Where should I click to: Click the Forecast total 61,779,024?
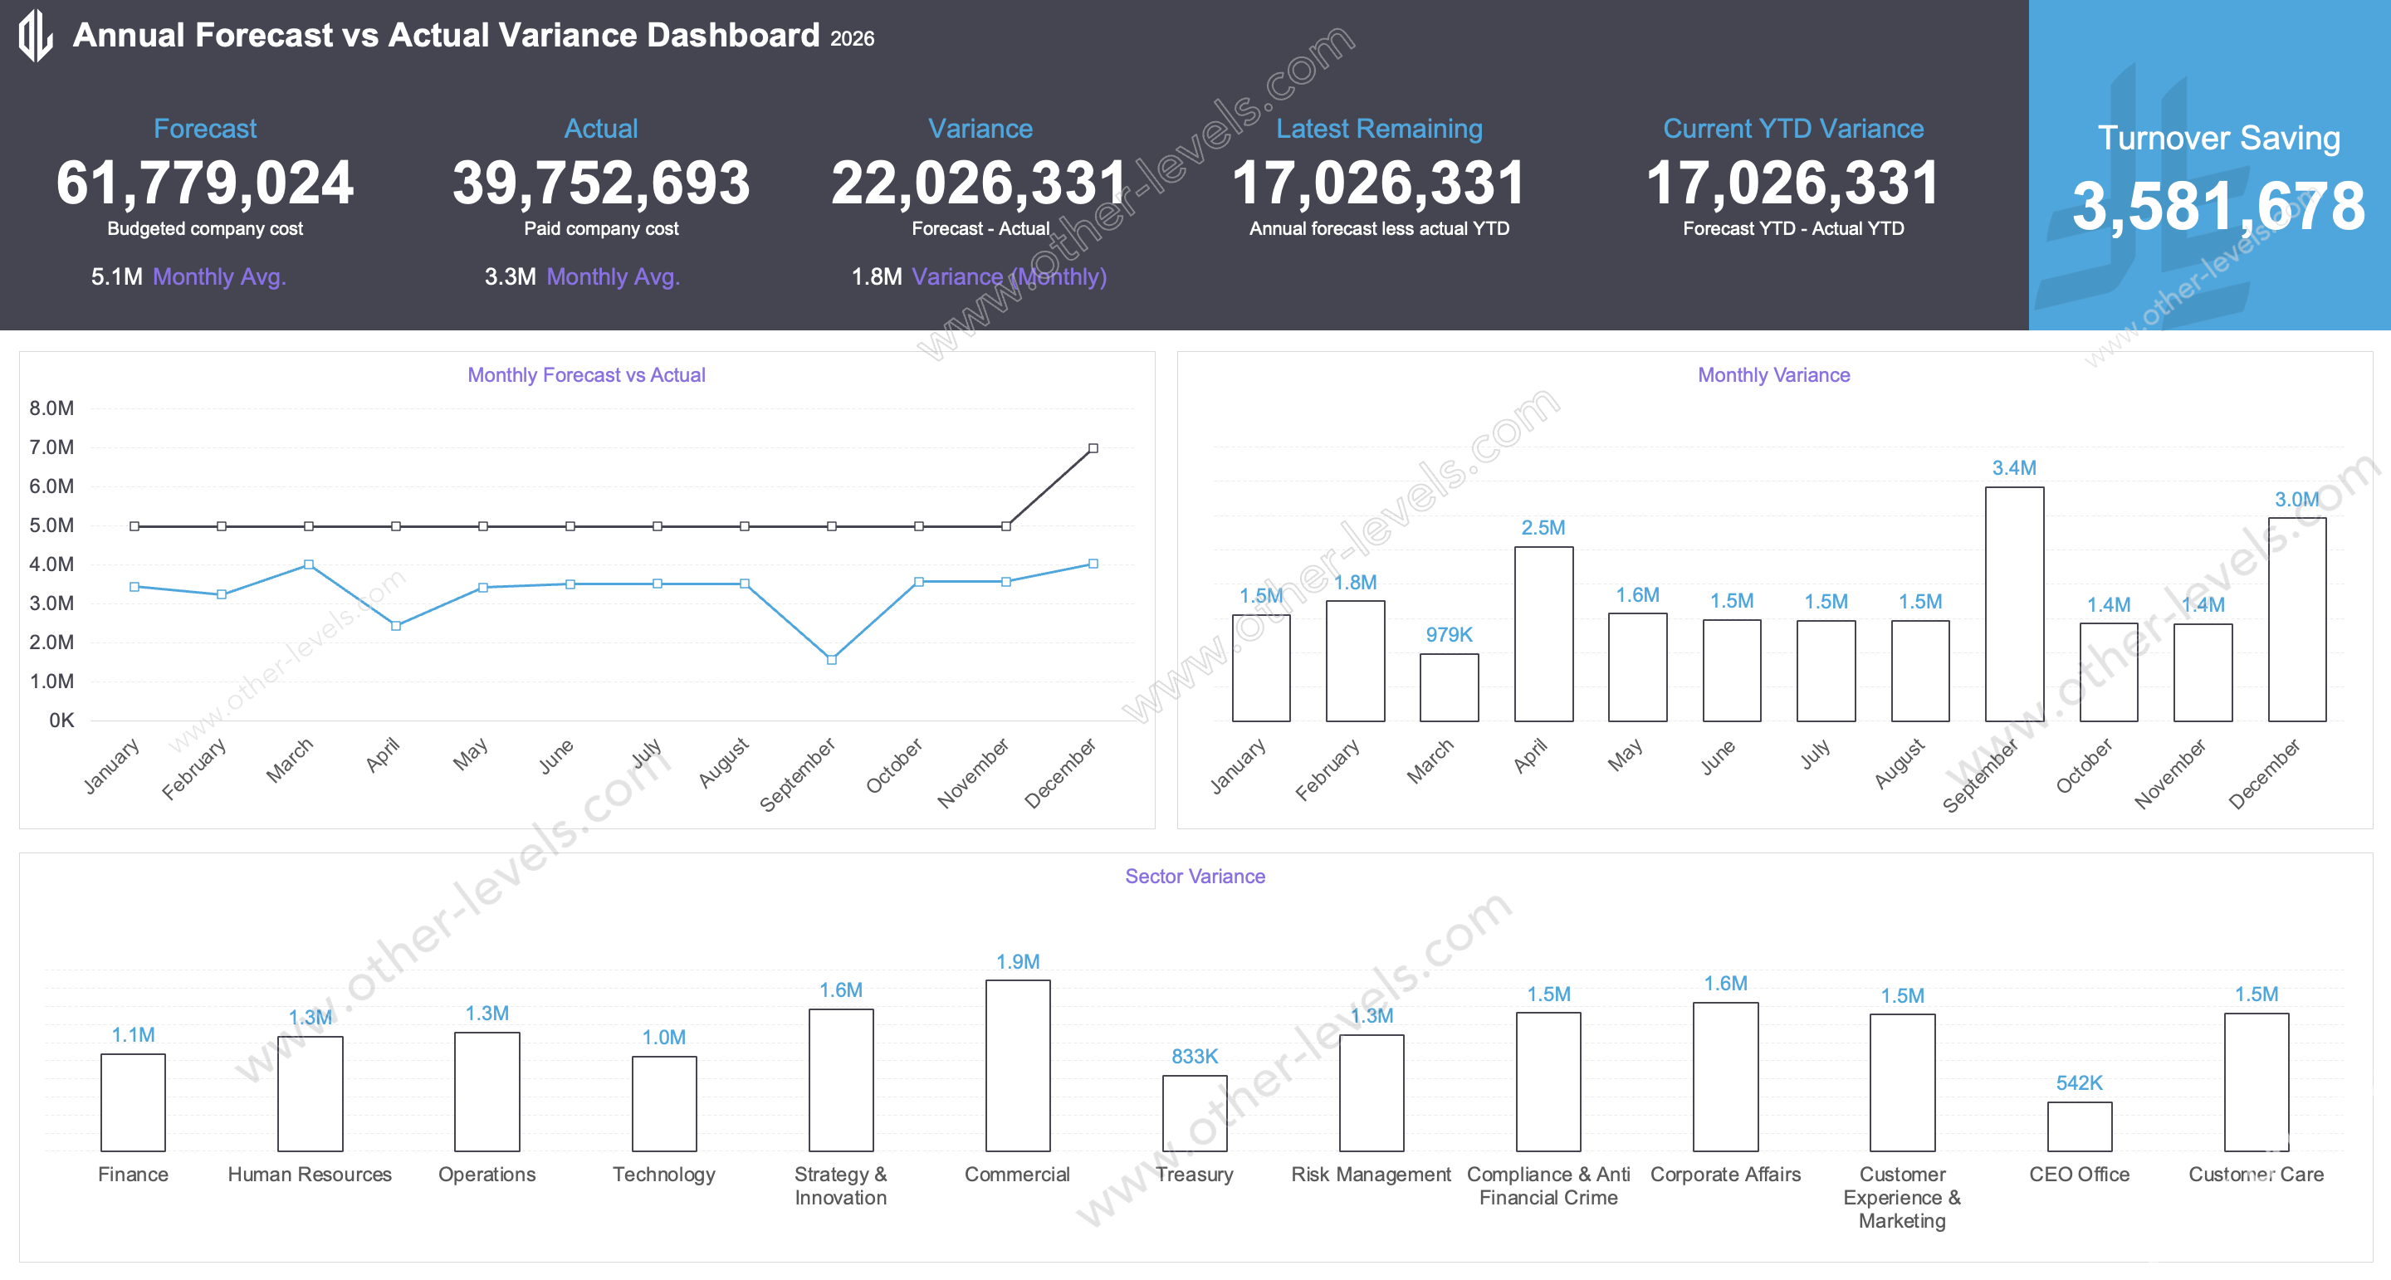pos(205,183)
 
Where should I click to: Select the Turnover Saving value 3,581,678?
pos(2218,206)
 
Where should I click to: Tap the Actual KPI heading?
pos(600,128)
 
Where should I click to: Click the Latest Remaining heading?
pos(1378,128)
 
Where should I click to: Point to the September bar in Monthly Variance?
pos(2013,604)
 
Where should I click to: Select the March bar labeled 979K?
pos(1448,686)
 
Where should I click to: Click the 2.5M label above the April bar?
pos(1543,527)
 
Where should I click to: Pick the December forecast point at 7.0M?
pos(1093,448)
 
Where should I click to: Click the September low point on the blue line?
pos(831,659)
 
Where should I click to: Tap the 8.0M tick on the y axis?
pos(52,408)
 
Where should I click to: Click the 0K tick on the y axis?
pos(61,721)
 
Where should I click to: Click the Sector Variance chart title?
pos(1195,877)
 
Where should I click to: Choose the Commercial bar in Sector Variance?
pos(1017,1066)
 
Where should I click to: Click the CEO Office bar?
pos(2079,1126)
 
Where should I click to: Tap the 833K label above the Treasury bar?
pos(1194,1057)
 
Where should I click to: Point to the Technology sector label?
pos(663,1175)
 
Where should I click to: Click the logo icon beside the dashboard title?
pos(35,35)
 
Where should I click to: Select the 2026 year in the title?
pos(852,39)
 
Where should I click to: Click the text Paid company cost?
pos(600,228)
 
